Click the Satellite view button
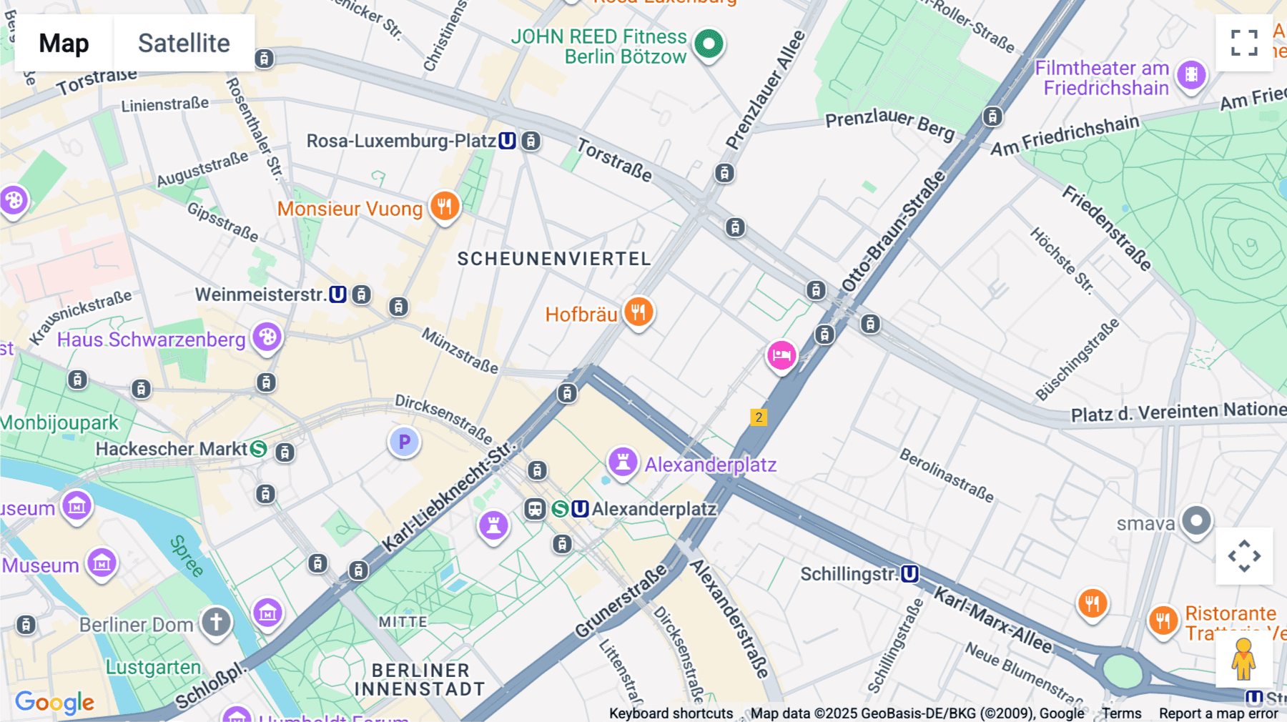pos(184,44)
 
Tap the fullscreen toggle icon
pos(1244,43)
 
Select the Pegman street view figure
pos(1243,659)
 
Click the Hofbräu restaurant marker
pos(638,312)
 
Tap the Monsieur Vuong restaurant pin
pos(445,207)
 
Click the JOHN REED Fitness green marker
pos(709,44)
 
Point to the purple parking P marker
pos(404,442)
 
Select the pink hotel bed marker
pos(781,355)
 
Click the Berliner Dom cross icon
pos(216,621)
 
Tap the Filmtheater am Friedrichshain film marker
pos(1191,74)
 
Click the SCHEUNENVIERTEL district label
pos(554,259)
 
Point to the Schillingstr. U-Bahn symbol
pos(909,574)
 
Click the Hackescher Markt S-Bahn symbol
pos(259,449)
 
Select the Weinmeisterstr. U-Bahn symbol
pos(337,295)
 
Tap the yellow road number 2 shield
pos(759,417)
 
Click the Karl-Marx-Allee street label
pos(992,620)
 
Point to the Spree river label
pos(187,555)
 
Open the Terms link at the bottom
pos(1121,713)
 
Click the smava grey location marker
pos(1196,521)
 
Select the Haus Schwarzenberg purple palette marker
pos(267,337)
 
